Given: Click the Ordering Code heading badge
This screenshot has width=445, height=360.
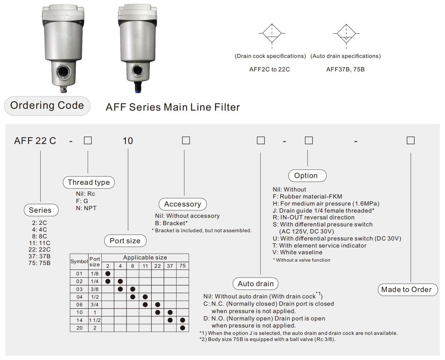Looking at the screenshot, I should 47,106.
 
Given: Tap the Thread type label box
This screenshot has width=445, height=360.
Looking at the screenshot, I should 89,182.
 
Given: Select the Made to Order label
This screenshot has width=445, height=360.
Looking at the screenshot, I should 407,290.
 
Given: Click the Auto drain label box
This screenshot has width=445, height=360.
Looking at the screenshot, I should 255,284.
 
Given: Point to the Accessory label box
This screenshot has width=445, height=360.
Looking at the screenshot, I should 183,204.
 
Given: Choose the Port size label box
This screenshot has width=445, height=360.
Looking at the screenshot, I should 125,241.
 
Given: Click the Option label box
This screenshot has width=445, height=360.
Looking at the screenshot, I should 307,176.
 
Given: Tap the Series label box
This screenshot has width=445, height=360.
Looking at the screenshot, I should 41,210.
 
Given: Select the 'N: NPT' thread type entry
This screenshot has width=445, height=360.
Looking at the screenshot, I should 86,208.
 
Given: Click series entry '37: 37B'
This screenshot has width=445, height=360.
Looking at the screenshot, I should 40,256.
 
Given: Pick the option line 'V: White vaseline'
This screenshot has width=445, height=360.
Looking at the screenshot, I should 297,252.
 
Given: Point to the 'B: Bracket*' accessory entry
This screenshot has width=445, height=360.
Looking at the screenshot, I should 171,223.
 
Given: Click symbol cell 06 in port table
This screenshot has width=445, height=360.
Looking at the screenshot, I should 79,305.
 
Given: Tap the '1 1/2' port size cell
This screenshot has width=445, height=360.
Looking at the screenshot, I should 95,320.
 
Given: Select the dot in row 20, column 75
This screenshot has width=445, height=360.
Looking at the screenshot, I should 183,328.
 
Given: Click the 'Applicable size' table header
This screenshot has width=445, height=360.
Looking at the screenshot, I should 145,257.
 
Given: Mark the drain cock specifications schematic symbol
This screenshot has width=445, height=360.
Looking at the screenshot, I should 272,34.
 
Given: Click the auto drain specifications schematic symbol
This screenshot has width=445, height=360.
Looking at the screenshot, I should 346,34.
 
